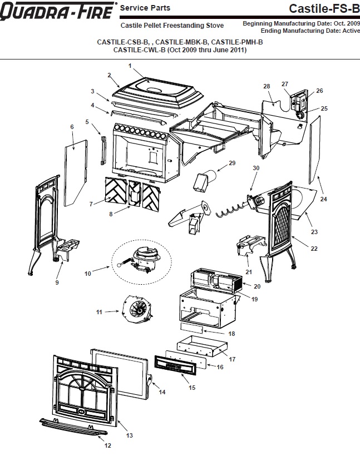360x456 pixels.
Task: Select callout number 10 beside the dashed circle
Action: pyautogui.click(x=87, y=274)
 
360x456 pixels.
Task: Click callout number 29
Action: pyautogui.click(x=232, y=163)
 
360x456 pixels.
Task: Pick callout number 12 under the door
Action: pyautogui.click(x=108, y=445)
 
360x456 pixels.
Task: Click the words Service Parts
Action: pyautogui.click(x=145, y=8)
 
